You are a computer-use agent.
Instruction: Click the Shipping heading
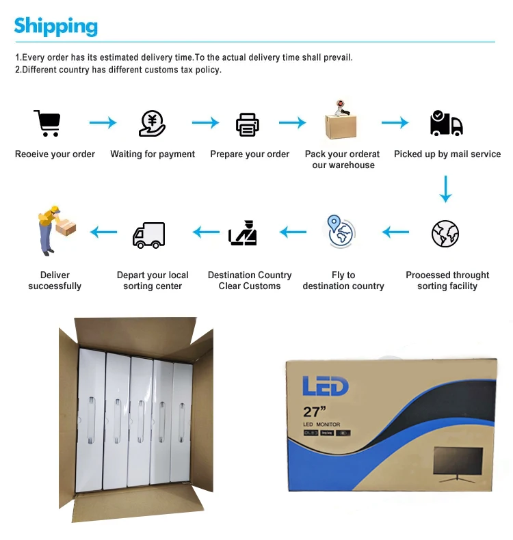[56, 26]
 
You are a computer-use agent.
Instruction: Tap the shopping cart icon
[47, 124]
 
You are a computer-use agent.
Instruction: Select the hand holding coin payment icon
[152, 124]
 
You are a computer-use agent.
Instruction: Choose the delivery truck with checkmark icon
[446, 123]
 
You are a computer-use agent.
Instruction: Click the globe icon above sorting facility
[445, 234]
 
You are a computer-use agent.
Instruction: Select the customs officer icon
[244, 233]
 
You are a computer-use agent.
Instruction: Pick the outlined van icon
[148, 235]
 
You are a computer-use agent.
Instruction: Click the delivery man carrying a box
[54, 230]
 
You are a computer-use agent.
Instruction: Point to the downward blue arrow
[446, 189]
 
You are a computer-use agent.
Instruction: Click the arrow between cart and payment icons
[103, 123]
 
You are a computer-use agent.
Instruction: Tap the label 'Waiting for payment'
[153, 154]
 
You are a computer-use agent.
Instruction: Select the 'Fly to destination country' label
[343, 280]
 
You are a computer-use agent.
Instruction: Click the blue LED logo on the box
[326, 386]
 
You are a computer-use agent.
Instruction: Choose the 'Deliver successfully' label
[55, 280]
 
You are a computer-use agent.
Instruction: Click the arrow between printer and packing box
[292, 123]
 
